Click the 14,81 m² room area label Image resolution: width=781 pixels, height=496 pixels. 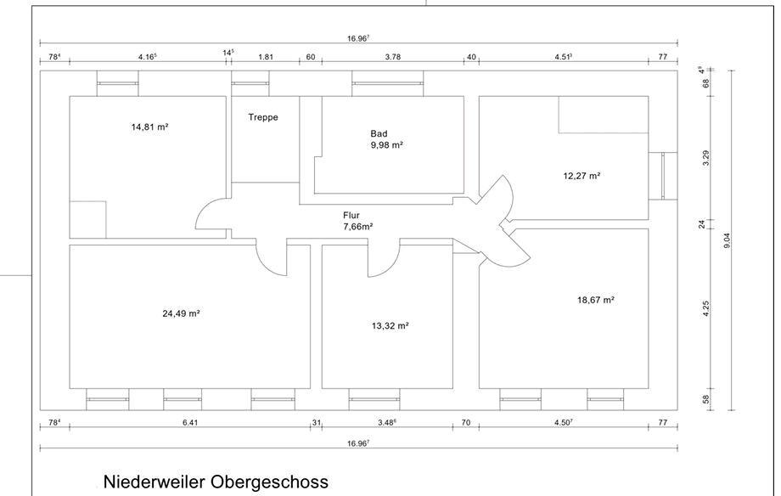coord(149,127)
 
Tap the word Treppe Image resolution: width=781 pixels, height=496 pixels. coord(263,117)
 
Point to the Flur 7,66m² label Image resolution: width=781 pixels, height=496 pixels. coord(357,221)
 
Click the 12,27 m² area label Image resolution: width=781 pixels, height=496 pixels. coord(582,176)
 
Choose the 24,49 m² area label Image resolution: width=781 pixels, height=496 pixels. coord(181,313)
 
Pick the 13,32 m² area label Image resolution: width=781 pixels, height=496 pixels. coord(390,325)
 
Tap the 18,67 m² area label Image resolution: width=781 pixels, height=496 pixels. coord(595,300)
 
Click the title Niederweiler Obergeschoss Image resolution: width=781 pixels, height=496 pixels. coord(216,482)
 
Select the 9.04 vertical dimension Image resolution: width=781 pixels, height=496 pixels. coord(727,240)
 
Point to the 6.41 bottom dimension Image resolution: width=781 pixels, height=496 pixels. coord(190,422)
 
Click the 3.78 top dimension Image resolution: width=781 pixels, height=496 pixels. coord(393,57)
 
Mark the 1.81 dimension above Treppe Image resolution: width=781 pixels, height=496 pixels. coord(266,57)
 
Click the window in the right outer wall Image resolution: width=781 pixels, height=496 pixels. coord(662,176)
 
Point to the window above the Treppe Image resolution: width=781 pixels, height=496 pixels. coord(250,83)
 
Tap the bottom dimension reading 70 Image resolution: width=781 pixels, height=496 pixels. coord(465,422)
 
